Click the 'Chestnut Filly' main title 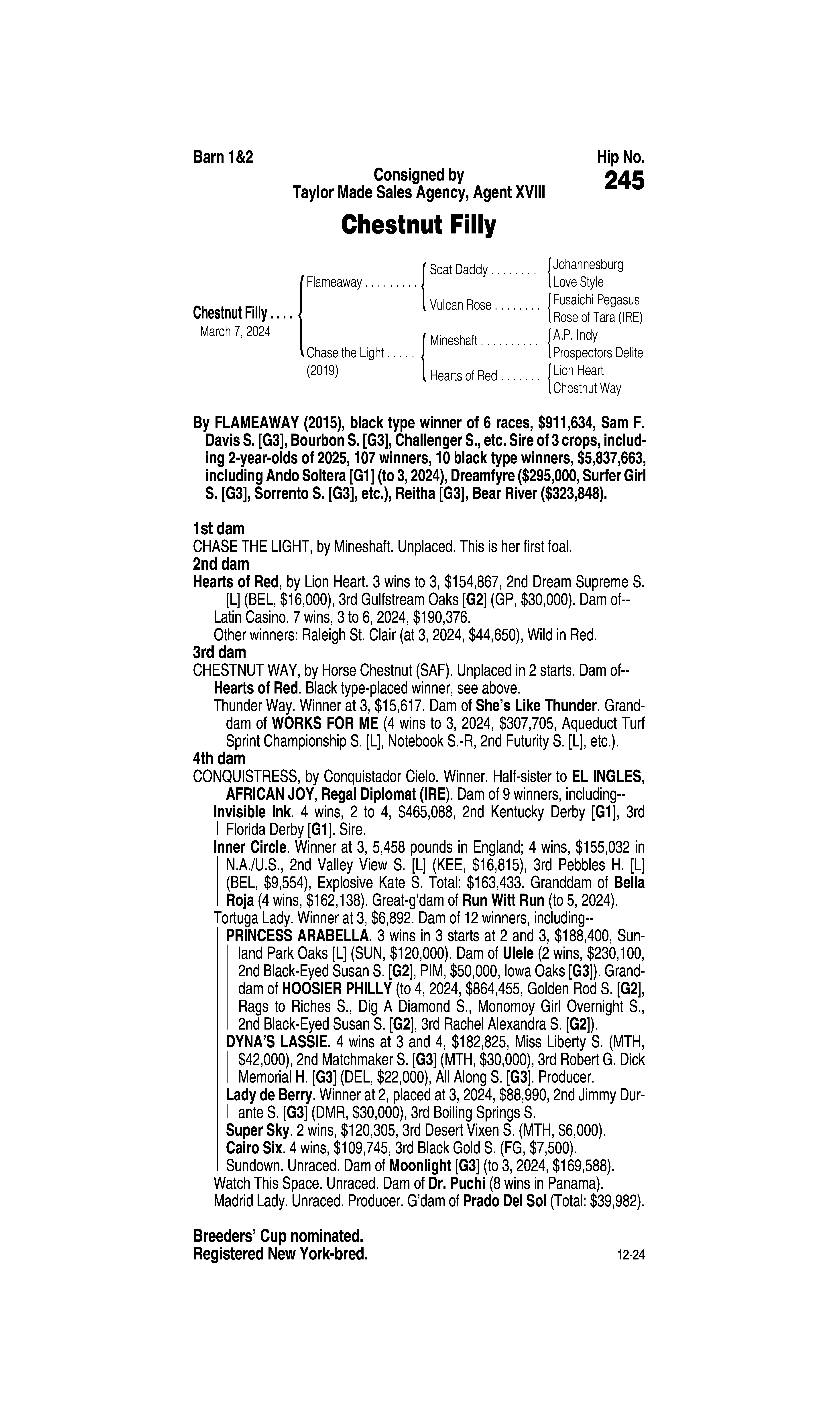click(418, 225)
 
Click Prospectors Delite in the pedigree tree click(597, 353)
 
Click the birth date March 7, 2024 click(235, 331)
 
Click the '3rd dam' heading click(219, 653)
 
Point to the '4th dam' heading click(219, 758)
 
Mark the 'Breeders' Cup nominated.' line click(278, 1236)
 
